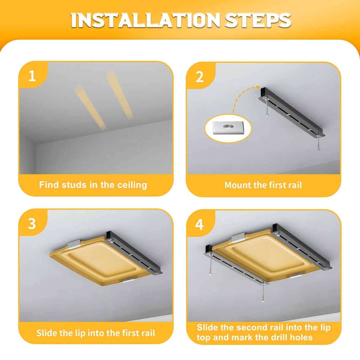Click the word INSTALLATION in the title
coord(146,20)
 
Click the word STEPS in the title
coord(258,20)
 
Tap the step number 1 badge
coord(32,76)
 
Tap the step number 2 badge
coord(200,77)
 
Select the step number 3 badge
coord(32,224)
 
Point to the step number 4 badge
coord(199,224)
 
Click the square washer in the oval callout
coord(228,128)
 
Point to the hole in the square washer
coord(228,127)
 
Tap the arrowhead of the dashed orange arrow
coord(258,87)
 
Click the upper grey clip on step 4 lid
coord(238,238)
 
